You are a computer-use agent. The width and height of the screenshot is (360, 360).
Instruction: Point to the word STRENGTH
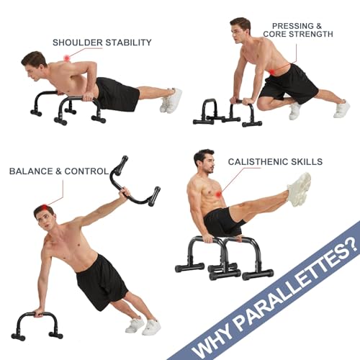(311, 34)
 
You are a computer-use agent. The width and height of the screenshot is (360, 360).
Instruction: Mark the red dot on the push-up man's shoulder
(67, 58)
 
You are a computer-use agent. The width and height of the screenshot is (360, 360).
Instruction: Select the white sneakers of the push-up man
(171, 99)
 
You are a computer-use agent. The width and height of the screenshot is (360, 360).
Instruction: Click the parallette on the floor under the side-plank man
(37, 323)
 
